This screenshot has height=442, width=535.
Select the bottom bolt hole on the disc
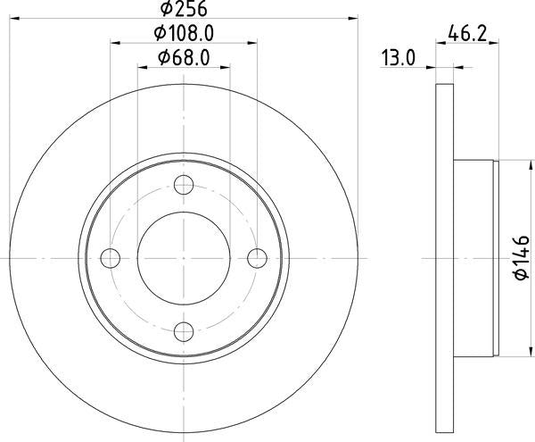(185, 331)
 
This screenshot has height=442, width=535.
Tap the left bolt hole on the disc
(111, 258)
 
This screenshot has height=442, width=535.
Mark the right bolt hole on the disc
(258, 258)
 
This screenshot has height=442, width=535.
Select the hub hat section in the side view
(474, 258)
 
